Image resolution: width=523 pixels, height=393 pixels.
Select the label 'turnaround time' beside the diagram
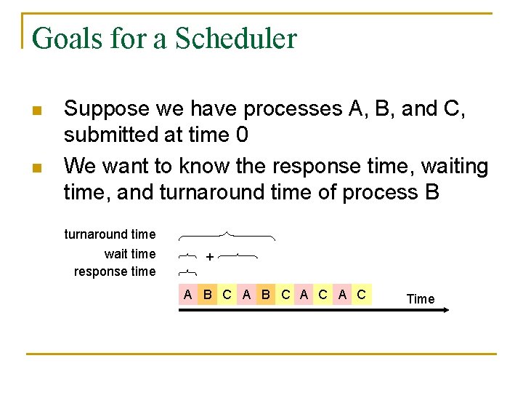[x=110, y=234]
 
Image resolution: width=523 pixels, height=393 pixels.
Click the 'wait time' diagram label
[x=129, y=254]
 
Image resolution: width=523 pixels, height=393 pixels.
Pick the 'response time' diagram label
[x=114, y=271]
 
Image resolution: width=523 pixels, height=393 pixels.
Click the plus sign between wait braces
[x=209, y=257]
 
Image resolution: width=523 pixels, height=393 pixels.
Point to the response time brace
[x=187, y=272]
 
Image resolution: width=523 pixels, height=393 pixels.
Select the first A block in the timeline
[x=188, y=295]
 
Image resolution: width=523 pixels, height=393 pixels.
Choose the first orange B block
[x=208, y=295]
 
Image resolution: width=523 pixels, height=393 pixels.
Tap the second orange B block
[x=266, y=295]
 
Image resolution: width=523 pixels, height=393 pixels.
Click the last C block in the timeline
[x=362, y=295]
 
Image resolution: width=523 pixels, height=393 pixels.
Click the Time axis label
[x=420, y=298]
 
